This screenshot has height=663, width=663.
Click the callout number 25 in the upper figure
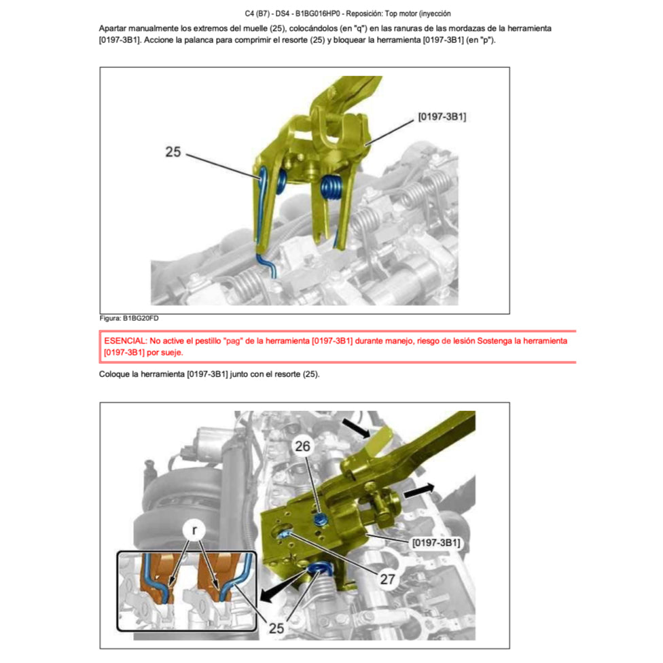(173, 152)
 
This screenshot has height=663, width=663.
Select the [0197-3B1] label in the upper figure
(442, 117)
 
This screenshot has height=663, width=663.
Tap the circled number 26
(302, 446)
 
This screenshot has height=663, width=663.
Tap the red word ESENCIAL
(126, 340)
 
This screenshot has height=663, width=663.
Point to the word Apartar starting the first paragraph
(115, 29)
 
